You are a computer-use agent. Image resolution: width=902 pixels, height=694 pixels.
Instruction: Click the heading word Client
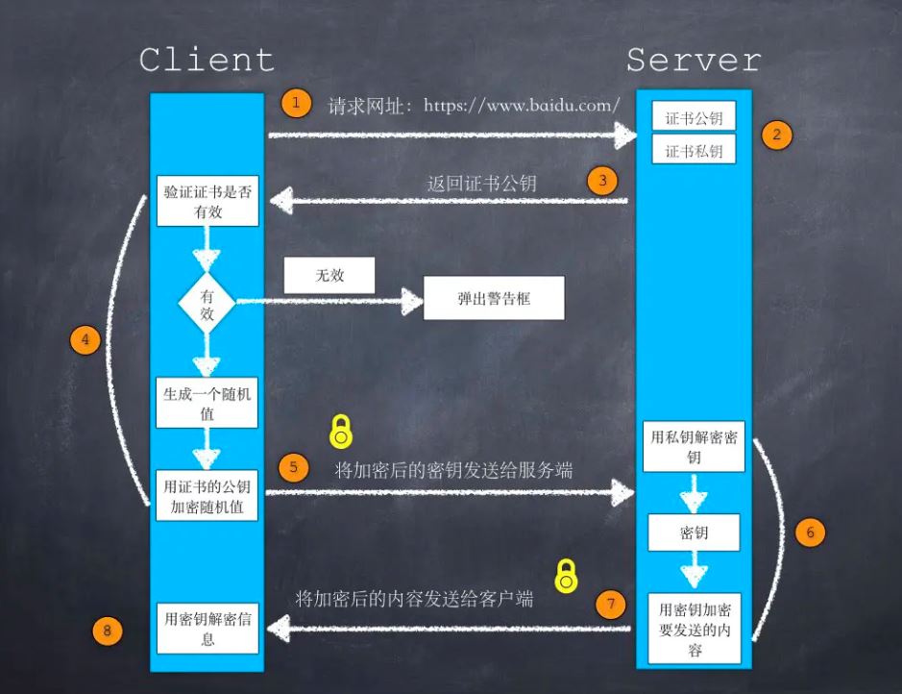pos(207,60)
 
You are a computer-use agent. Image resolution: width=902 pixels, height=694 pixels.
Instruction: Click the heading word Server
pos(694,60)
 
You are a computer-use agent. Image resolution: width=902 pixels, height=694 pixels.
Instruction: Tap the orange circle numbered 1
pos(297,103)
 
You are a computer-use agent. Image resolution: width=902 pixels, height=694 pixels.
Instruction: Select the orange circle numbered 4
pos(85,341)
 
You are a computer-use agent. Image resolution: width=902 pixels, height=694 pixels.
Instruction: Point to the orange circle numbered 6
pos(810,532)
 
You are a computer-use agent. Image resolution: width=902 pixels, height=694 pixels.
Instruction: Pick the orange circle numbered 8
pos(108,631)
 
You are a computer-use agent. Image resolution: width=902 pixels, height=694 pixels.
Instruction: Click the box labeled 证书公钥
pos(694,119)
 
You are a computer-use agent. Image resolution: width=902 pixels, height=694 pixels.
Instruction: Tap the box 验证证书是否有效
pos(207,201)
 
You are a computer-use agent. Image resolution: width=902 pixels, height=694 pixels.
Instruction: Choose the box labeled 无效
pos(329,276)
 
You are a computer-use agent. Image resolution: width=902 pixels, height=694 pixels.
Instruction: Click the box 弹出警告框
pos(494,300)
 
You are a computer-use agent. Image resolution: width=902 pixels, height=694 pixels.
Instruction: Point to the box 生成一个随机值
pos(207,403)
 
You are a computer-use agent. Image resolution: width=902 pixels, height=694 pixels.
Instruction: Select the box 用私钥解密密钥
pos(694,447)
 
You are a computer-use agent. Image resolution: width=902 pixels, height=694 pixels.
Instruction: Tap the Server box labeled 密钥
pos(694,533)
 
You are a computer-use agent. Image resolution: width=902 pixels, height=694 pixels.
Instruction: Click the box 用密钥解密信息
pos(207,627)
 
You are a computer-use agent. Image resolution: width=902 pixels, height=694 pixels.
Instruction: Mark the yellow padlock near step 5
pos(341,433)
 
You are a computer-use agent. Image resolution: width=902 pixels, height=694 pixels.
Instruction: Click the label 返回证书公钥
pos(481,183)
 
